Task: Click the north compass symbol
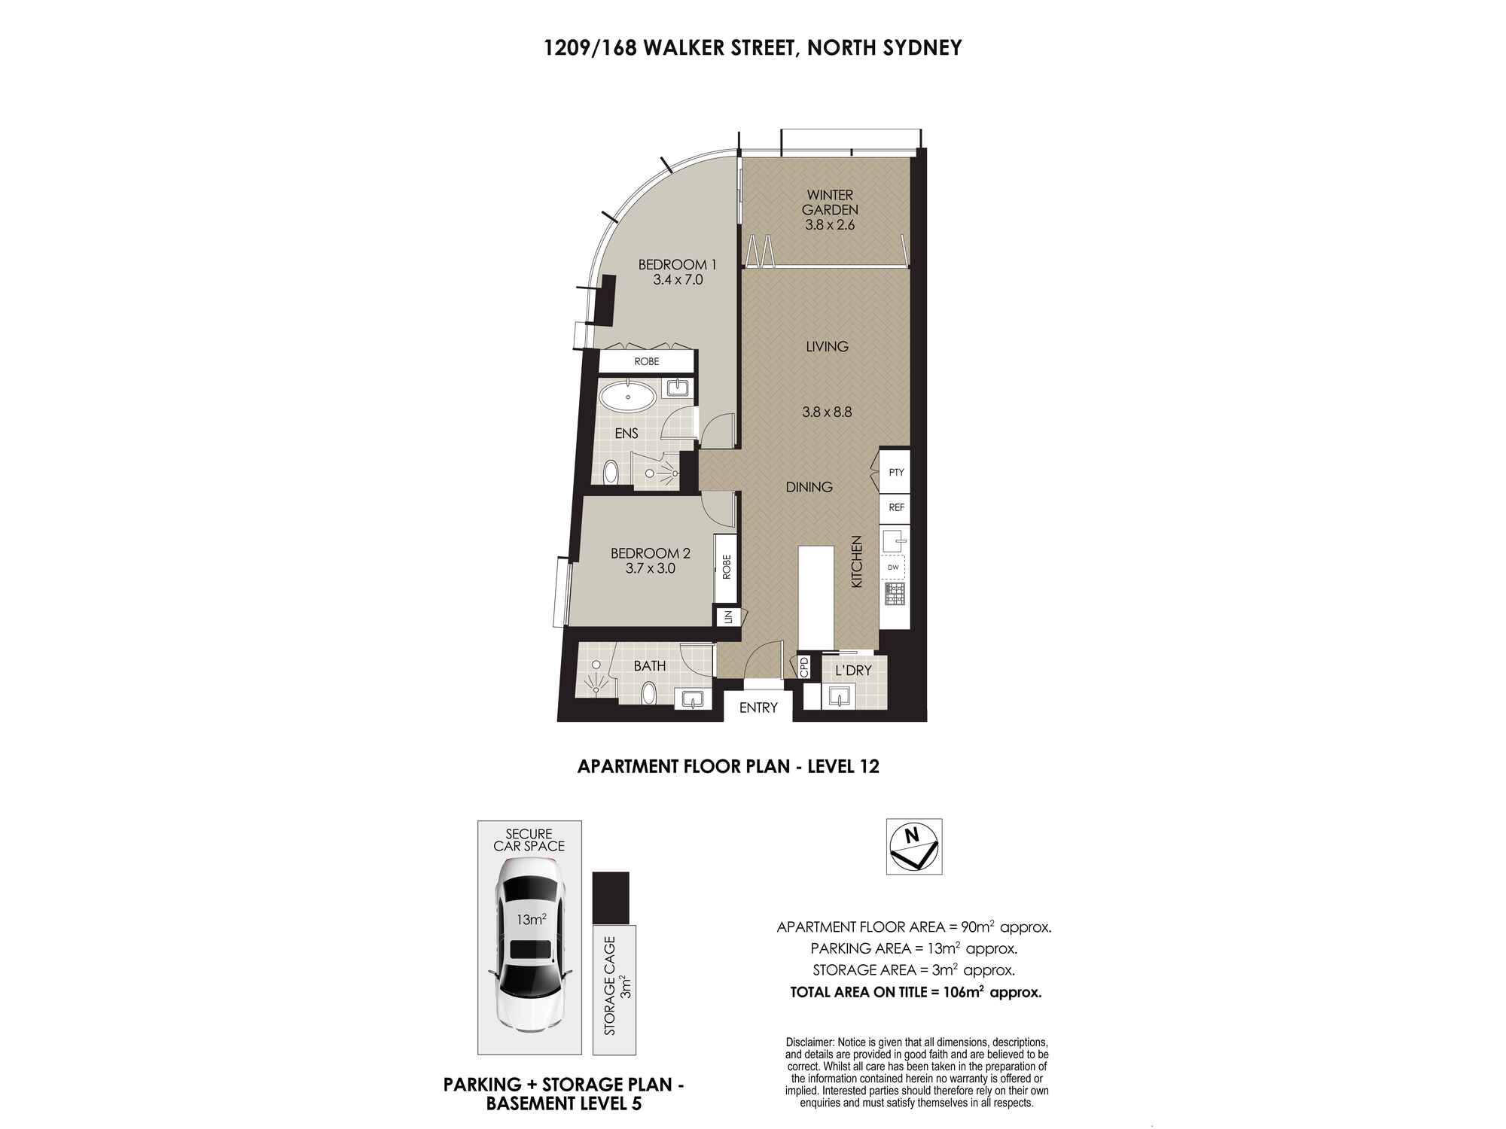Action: [913, 846]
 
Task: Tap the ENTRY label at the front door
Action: [758, 708]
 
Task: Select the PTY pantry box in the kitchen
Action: [895, 473]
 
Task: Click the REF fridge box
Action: [895, 507]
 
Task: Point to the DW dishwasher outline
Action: [894, 567]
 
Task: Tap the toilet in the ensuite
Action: [611, 473]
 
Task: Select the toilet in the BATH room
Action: [648, 693]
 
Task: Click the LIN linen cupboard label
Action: [727, 617]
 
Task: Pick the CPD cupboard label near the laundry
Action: [804, 668]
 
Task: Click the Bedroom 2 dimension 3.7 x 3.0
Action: [650, 569]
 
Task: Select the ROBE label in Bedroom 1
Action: [646, 361]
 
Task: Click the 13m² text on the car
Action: [531, 920]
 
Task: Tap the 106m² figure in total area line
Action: [965, 992]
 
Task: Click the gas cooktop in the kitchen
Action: [895, 594]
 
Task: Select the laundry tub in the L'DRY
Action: [838, 697]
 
